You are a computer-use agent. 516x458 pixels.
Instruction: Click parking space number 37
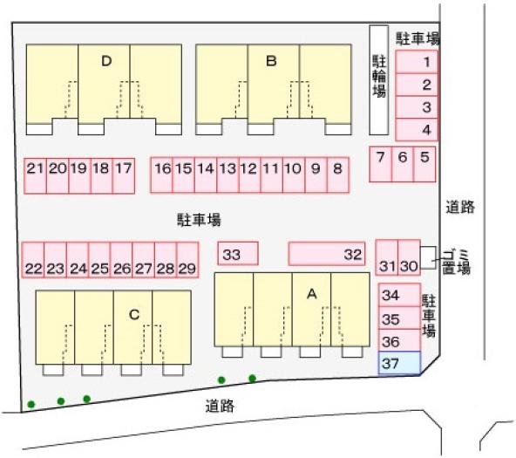399,363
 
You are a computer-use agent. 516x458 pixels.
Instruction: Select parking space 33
238,254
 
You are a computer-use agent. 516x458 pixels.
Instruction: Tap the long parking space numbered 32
327,254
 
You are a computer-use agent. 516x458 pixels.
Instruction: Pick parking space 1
417,62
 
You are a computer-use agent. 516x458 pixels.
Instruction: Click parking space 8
338,174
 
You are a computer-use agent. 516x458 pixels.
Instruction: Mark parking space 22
33,260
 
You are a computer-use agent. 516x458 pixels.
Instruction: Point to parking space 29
187,260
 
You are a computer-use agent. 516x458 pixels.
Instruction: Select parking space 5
424,164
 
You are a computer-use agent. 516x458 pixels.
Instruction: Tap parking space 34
399,295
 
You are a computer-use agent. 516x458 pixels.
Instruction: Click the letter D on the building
106,61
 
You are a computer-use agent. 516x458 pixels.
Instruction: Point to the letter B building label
271,61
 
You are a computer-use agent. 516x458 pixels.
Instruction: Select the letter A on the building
312,294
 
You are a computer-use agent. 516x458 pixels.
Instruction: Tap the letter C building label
134,315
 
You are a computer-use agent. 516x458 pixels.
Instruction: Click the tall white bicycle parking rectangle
379,80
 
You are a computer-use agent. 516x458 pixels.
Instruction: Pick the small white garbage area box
429,257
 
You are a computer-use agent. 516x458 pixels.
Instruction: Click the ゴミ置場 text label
457,262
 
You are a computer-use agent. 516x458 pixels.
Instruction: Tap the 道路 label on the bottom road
220,406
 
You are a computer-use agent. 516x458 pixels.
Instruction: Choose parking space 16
161,174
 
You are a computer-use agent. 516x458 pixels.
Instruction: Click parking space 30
409,257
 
